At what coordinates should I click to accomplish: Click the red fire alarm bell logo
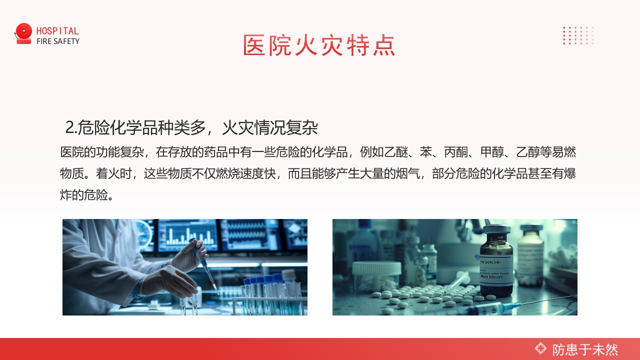pyautogui.click(x=23, y=33)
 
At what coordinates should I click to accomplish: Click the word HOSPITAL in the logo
pyautogui.click(x=57, y=31)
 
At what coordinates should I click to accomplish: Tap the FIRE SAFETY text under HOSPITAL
pyautogui.click(x=57, y=41)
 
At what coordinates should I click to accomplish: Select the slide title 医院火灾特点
pyautogui.click(x=319, y=45)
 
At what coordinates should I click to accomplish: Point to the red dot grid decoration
pyautogui.click(x=580, y=35)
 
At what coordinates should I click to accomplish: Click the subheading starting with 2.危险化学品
pyautogui.click(x=192, y=128)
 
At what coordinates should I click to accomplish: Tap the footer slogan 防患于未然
pyautogui.click(x=585, y=349)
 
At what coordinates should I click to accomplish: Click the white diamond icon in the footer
pyautogui.click(x=540, y=348)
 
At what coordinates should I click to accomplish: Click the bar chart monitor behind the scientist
pyautogui.click(x=188, y=235)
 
